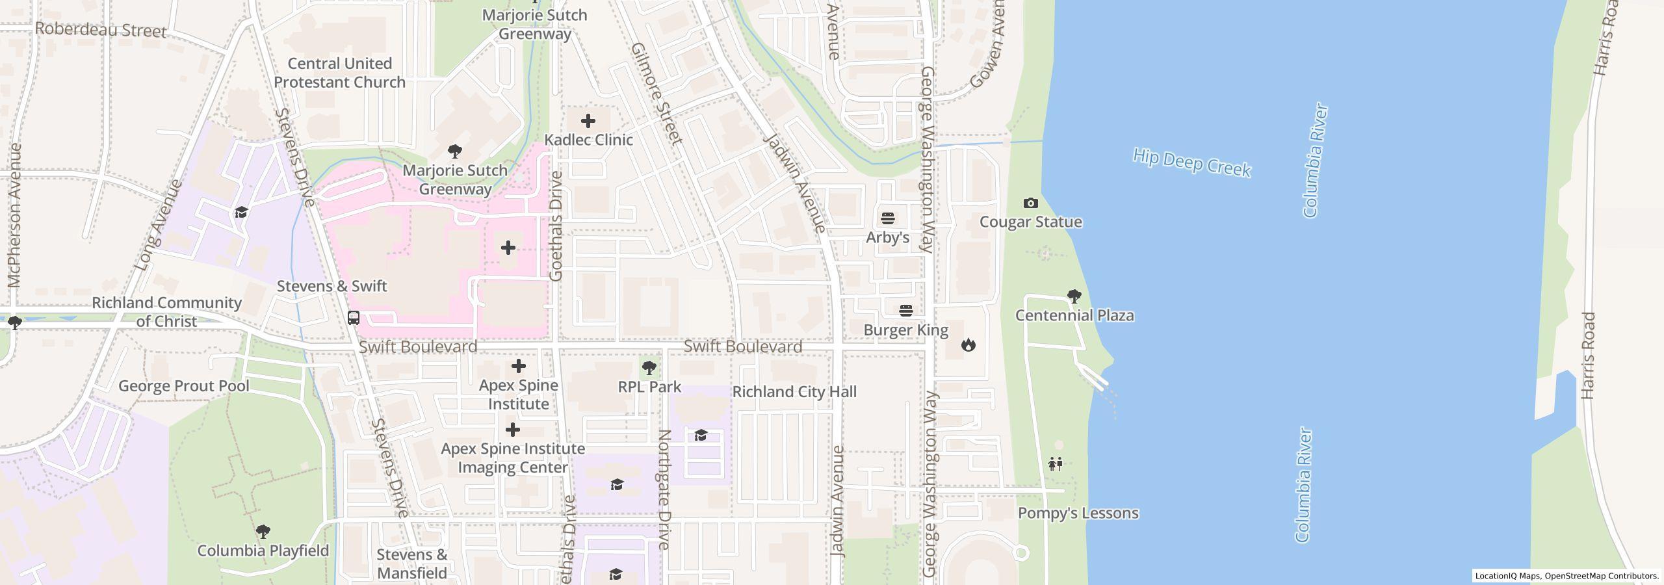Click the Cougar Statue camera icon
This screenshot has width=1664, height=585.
pos(1030,203)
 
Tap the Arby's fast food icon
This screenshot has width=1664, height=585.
pos(888,218)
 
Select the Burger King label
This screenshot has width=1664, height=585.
pos(905,330)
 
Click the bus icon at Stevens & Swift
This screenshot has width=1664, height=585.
pos(354,318)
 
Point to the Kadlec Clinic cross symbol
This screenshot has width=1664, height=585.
pos(588,121)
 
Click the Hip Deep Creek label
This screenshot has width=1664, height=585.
pos(1191,162)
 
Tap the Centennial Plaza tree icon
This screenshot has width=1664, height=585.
pos(1074,297)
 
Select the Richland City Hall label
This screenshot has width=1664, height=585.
pos(794,392)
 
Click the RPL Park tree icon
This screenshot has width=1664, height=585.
pos(649,369)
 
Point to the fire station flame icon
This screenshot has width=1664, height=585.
pos(968,344)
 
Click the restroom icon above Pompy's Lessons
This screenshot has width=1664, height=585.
pos(1056,463)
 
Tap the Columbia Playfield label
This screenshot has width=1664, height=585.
pos(263,551)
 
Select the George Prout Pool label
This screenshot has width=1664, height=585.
pos(183,386)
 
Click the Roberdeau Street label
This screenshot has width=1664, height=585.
pos(101,30)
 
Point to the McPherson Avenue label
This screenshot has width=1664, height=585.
pos(15,215)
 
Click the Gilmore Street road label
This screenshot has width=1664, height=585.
pos(656,94)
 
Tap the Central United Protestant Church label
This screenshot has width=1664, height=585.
pos(339,73)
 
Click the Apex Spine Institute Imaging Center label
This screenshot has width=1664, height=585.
pos(513,458)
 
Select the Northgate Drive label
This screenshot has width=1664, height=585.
pos(664,489)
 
